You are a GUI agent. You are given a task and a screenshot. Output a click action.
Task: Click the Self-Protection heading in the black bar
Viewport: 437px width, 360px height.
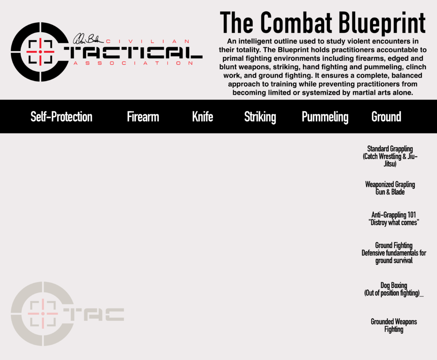pyautogui.click(x=61, y=116)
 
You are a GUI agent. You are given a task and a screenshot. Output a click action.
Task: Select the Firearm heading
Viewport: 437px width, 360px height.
pyautogui.click(x=143, y=116)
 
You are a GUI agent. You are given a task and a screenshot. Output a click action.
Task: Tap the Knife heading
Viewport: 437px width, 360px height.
pyautogui.click(x=203, y=116)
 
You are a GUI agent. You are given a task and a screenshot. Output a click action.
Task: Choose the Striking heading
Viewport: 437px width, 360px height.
pyautogui.click(x=260, y=117)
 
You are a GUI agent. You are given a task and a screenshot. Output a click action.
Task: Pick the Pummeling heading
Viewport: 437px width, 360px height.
pyautogui.click(x=325, y=117)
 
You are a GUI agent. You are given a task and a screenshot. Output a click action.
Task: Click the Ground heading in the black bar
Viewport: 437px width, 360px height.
pyautogui.click(x=386, y=116)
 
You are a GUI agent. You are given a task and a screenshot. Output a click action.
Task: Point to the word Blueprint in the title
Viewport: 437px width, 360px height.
pyautogui.click(x=382, y=23)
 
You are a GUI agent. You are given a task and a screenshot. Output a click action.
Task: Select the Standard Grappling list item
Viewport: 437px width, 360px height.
pyautogui.click(x=390, y=156)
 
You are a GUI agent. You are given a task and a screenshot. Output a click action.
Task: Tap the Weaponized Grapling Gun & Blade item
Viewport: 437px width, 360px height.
pyautogui.click(x=390, y=188)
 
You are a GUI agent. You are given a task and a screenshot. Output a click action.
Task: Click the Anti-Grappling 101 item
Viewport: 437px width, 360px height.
pyautogui.click(x=393, y=218)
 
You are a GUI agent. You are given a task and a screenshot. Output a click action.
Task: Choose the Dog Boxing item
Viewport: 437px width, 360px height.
pyautogui.click(x=394, y=289)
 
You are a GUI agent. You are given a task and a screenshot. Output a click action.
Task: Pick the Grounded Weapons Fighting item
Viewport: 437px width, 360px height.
pyautogui.click(x=394, y=325)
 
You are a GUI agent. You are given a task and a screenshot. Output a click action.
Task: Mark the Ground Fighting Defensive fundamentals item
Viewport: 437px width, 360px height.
pyautogui.click(x=394, y=253)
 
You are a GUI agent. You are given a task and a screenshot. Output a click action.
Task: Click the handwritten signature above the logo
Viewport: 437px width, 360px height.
pyautogui.click(x=88, y=39)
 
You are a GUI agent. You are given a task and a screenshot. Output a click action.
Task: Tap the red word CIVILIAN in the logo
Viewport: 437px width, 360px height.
pyautogui.click(x=148, y=41)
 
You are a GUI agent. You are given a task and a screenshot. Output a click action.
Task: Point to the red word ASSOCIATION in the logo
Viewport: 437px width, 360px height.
pyautogui.click(x=133, y=63)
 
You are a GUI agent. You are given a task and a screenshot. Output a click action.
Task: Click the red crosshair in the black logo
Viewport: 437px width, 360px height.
pyautogui.click(x=41, y=52)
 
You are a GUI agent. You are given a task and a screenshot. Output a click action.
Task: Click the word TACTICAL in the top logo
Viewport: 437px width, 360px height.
pyautogui.click(x=133, y=52)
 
